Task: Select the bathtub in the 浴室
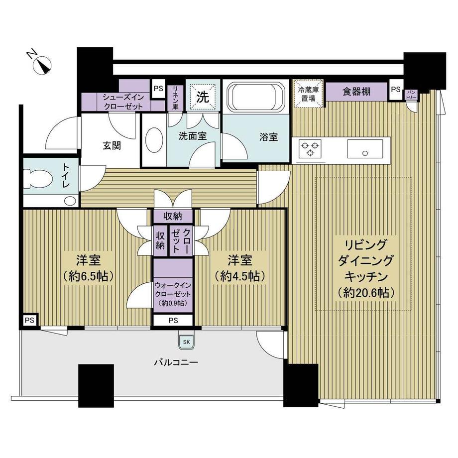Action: [x=255, y=97]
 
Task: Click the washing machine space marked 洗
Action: [x=203, y=97]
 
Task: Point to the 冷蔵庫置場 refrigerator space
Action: [x=308, y=94]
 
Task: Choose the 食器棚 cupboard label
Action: [x=356, y=92]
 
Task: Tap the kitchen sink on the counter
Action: [x=365, y=149]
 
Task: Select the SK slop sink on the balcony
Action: [x=186, y=342]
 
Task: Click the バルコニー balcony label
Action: [x=176, y=362]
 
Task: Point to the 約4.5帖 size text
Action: [x=239, y=276]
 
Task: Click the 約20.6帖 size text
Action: [x=366, y=292]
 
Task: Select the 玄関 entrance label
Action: [x=112, y=145]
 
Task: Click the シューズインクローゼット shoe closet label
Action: [x=123, y=102]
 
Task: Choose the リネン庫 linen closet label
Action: [x=175, y=97]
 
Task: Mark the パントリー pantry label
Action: [x=411, y=95]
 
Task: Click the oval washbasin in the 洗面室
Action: [x=154, y=140]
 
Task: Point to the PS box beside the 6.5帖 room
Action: [x=29, y=320]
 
